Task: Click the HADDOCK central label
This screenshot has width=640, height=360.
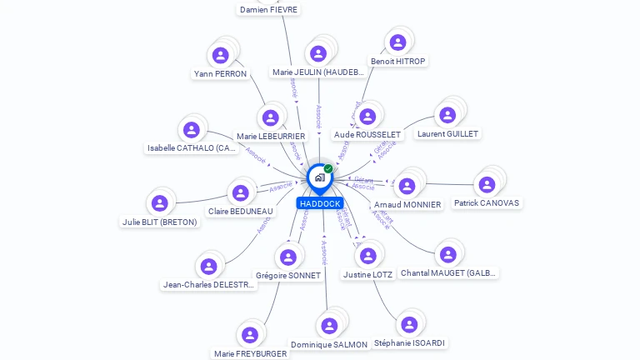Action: click(319, 203)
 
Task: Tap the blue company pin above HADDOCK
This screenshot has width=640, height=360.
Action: click(318, 177)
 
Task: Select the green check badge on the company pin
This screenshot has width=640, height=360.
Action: click(328, 169)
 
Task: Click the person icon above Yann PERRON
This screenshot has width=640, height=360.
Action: click(221, 55)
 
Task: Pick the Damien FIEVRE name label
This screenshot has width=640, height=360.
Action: click(268, 10)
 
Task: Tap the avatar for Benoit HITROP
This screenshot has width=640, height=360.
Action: click(397, 42)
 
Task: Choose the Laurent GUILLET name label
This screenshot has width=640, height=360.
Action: click(448, 133)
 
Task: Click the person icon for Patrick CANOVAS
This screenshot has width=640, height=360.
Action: click(487, 184)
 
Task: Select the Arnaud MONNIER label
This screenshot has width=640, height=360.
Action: click(407, 204)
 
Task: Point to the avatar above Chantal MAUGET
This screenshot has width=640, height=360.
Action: click(448, 254)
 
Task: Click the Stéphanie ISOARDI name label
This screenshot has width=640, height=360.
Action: click(409, 342)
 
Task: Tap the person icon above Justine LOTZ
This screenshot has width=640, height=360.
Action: click(368, 256)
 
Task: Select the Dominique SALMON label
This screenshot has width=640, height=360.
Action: click(329, 344)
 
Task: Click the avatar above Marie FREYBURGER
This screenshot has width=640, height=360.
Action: click(249, 335)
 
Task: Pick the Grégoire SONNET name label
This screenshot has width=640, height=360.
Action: click(288, 275)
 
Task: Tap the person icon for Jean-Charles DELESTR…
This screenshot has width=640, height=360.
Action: click(208, 266)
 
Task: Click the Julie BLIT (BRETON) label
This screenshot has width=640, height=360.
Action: click(160, 222)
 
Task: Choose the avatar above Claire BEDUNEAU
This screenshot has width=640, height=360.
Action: click(241, 193)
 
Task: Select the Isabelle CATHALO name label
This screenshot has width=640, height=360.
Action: click(192, 148)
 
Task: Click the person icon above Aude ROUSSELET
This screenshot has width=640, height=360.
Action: click(368, 116)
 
